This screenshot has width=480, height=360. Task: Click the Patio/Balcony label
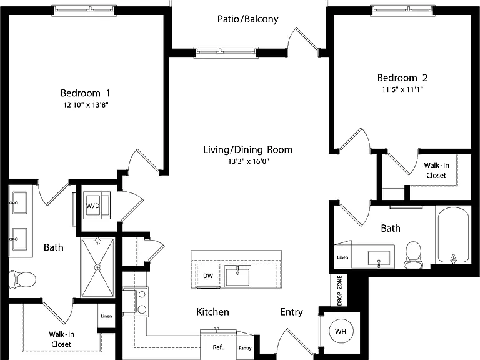(248, 19)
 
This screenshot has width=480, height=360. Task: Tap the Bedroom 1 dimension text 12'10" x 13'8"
(86, 105)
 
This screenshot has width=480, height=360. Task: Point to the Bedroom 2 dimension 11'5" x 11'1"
(402, 90)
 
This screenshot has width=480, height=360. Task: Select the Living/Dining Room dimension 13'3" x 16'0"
(248, 161)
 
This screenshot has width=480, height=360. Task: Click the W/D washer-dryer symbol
(97, 206)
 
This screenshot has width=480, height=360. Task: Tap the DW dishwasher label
(208, 276)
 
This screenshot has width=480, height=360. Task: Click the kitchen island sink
(237, 276)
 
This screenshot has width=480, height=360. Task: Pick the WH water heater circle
(341, 331)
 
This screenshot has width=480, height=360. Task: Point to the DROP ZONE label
(340, 291)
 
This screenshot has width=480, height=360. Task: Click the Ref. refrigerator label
(218, 347)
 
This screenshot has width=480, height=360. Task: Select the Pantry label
(245, 348)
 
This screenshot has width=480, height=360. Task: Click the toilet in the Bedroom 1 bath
(22, 279)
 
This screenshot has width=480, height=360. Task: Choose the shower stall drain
(97, 267)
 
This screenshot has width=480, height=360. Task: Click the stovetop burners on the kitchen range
(142, 302)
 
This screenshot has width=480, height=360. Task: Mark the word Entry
(292, 312)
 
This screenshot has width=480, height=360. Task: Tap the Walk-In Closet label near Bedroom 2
(436, 170)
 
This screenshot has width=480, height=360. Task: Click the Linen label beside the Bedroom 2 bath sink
(342, 257)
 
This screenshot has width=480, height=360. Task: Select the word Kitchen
(212, 312)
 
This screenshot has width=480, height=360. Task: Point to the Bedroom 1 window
(84, 10)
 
